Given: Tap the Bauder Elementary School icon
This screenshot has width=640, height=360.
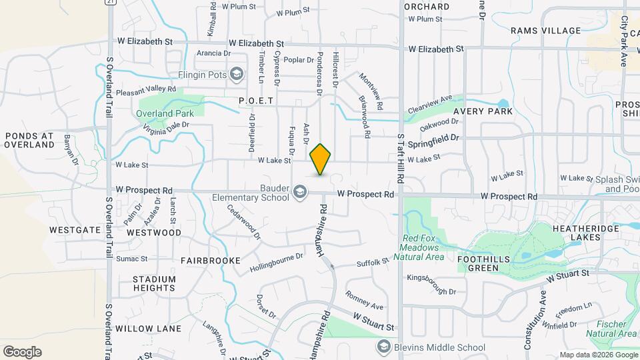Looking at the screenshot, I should [300, 193].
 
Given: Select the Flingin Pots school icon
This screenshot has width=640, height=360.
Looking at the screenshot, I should [236, 75].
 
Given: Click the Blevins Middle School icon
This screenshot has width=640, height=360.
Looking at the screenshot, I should [383, 347].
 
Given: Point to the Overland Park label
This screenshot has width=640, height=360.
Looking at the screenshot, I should [165, 113].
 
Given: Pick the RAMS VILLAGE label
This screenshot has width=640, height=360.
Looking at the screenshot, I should [546, 31].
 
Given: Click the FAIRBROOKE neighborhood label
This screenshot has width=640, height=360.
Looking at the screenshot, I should [210, 261].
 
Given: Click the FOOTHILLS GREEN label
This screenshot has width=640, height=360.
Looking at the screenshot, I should [483, 263].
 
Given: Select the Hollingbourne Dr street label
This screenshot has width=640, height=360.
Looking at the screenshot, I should [276, 262].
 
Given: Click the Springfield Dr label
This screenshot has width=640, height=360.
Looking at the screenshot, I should [434, 142].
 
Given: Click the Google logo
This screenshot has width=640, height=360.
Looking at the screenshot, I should [22, 352].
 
